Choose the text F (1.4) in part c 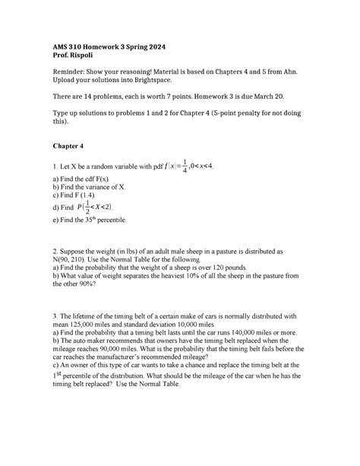87,195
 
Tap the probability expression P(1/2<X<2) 94,207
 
